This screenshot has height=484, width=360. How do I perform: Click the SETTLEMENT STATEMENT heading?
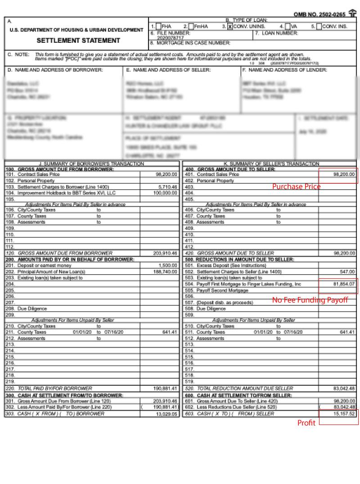pyautogui.click(x=78, y=41)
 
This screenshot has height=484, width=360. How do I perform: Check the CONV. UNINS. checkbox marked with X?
pyautogui.click(x=230, y=27)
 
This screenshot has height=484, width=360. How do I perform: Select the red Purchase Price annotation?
pyautogui.click(x=296, y=186)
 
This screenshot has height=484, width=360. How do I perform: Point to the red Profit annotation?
pyautogui.click(x=306, y=423)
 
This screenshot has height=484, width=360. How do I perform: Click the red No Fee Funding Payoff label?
pyautogui.click(x=310, y=300)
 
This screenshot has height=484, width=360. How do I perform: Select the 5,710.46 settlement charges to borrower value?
pyautogui.click(x=168, y=187)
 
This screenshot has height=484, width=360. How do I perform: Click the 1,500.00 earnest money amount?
pyautogui.click(x=168, y=266)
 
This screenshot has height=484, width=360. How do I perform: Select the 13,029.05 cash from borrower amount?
pyautogui.click(x=167, y=413)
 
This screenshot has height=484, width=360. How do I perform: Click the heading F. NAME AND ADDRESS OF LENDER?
pyautogui.click(x=284, y=70)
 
